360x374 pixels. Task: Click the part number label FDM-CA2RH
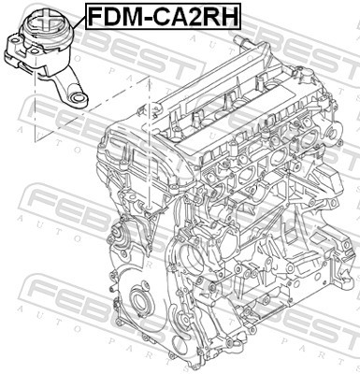(x=162, y=16)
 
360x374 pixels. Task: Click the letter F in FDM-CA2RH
(x=94, y=16)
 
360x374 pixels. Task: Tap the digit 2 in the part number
(x=196, y=16)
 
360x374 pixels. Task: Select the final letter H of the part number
(x=229, y=16)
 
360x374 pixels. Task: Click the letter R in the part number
(x=212, y=16)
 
